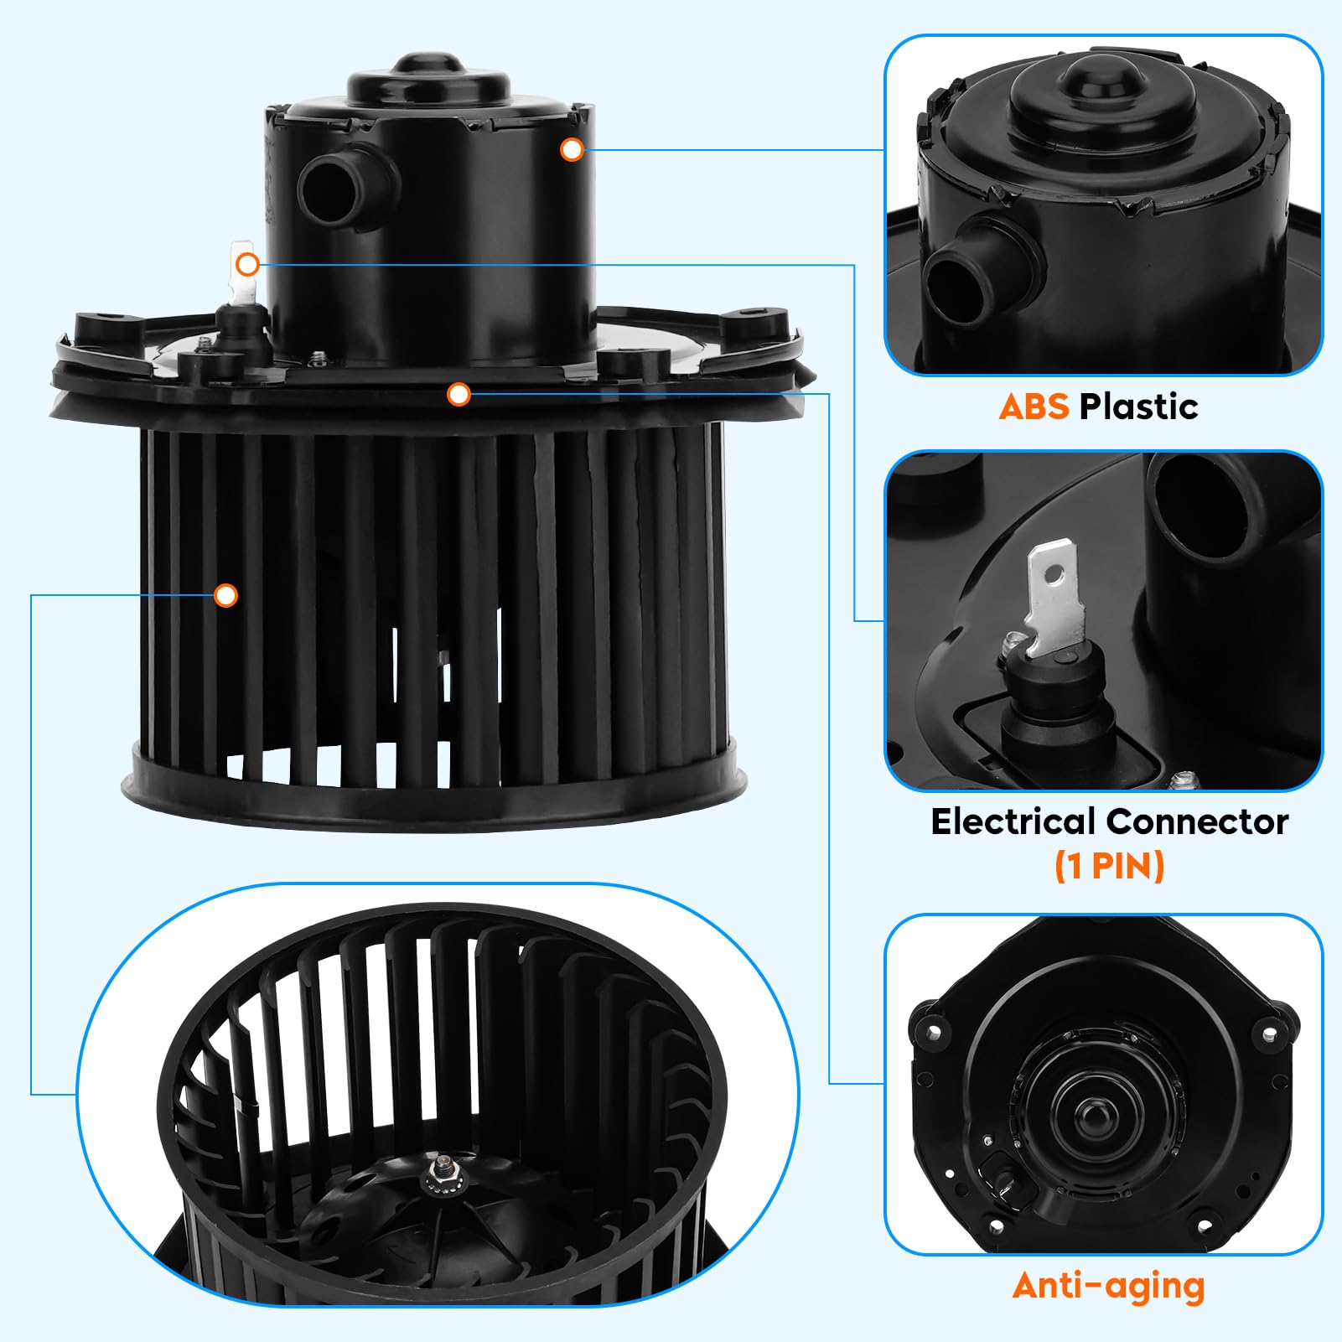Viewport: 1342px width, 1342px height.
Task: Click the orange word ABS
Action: coord(1034,407)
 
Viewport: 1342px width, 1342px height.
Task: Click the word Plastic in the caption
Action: coord(1139,407)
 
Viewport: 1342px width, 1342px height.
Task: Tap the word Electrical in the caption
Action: coord(1013,821)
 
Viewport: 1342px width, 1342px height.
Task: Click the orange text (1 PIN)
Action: coord(1109,866)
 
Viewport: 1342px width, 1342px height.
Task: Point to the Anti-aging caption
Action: coord(1108,1285)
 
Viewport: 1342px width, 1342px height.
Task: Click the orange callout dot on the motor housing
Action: coord(572,150)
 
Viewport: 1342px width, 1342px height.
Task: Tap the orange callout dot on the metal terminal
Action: coord(246,265)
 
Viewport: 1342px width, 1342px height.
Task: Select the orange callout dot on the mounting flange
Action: coord(459,394)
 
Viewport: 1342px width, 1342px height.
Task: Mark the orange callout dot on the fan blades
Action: coord(225,596)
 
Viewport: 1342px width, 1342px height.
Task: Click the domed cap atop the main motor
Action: coord(429,75)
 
